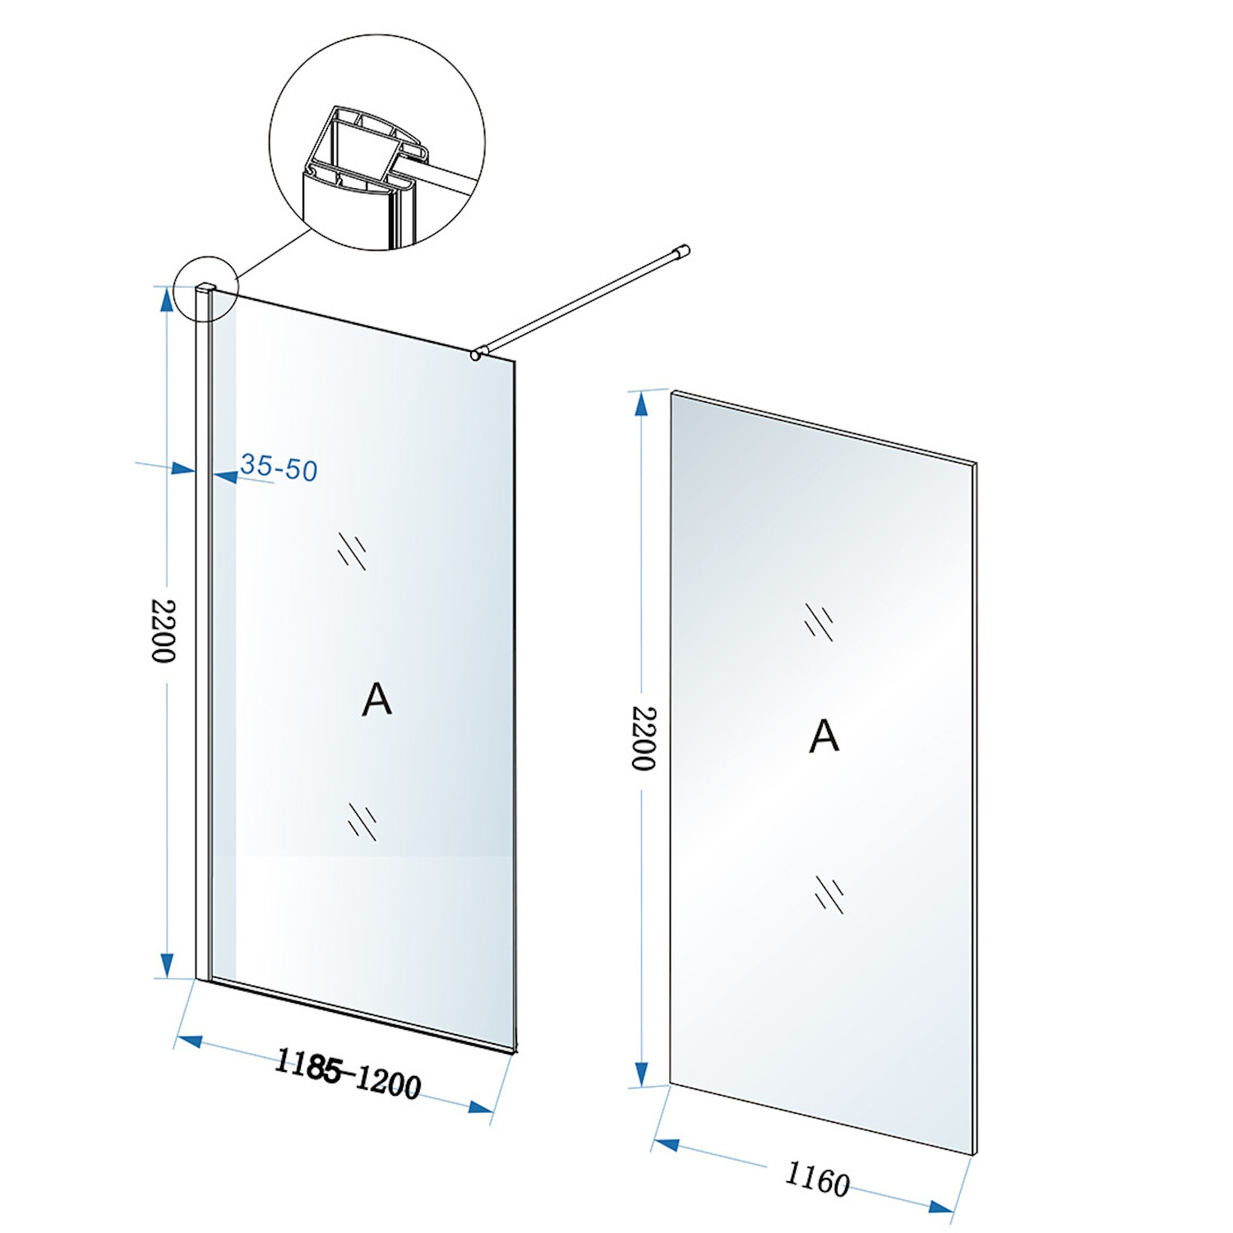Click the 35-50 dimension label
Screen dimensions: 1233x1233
click(x=279, y=468)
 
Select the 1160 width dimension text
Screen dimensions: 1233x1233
click(x=817, y=1179)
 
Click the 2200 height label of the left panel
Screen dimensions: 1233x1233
click(x=164, y=630)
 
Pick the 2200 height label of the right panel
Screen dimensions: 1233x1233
click(x=643, y=737)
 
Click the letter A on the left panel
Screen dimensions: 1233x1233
click(x=376, y=700)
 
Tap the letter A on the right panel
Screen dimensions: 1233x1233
click(x=824, y=736)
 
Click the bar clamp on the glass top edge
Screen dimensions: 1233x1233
click(x=476, y=354)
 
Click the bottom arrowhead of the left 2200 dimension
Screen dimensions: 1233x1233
click(x=167, y=965)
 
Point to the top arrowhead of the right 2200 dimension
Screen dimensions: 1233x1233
click(x=640, y=404)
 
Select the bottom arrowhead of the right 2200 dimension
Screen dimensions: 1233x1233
click(x=642, y=1073)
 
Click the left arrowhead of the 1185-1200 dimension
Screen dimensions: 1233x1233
click(x=190, y=1041)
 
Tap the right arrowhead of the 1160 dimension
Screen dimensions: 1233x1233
click(x=940, y=1208)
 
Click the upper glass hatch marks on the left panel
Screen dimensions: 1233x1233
click(x=352, y=551)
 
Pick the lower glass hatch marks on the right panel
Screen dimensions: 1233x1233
click(x=829, y=894)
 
